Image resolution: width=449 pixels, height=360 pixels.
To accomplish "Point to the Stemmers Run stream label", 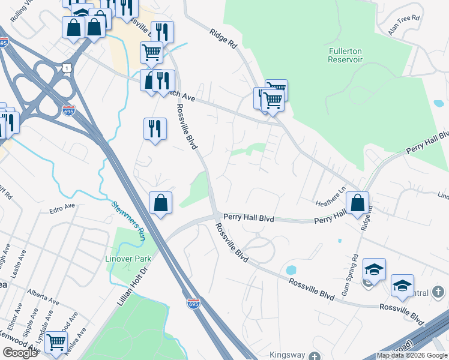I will pos(128,220).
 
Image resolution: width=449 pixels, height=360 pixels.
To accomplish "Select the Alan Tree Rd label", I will pos(403,26).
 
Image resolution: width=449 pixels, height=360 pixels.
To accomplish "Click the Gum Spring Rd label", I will pos(355,269).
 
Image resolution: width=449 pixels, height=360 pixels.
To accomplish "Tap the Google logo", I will pos(20,352).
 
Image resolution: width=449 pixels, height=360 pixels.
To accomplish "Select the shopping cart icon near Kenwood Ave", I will pos(56,341).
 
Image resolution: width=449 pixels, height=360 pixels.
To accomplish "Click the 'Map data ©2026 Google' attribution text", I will pos(412,355).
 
